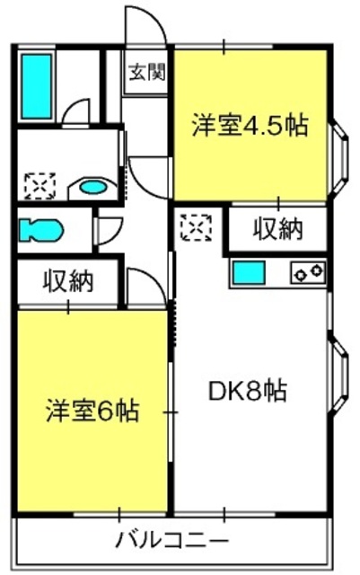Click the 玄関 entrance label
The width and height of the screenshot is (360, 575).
(x=147, y=72)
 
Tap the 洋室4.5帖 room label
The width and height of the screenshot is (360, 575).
(x=250, y=126)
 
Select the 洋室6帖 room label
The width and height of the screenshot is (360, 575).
(x=92, y=411)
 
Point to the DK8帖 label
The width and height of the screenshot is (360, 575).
(x=248, y=391)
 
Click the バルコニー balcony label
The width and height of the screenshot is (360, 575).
(x=172, y=540)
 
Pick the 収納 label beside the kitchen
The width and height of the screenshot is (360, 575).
(x=278, y=229)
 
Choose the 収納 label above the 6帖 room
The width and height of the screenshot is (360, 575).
(x=68, y=281)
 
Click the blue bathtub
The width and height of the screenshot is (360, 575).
(x=36, y=86)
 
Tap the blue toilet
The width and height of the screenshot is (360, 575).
(x=40, y=230)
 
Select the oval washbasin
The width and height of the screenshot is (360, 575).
(x=93, y=188)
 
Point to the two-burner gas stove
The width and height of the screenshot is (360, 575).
(x=308, y=272)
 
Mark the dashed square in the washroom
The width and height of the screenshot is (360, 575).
(x=40, y=186)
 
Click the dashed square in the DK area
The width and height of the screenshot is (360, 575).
(x=197, y=227)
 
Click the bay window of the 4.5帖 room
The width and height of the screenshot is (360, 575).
(x=339, y=158)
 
